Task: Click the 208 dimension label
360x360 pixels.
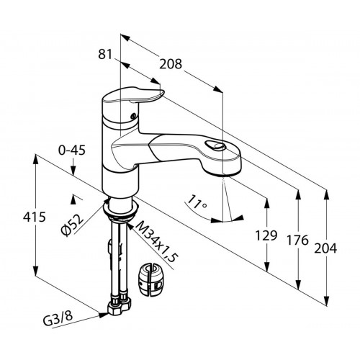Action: [171, 64]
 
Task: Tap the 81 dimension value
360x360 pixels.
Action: [105, 54]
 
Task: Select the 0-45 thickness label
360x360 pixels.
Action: [72, 150]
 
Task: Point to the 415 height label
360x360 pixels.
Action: [35, 217]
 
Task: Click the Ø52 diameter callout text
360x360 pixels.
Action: [73, 225]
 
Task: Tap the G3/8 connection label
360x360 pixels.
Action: [58, 320]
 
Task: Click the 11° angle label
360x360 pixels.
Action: [197, 202]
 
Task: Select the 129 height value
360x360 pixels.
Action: [266, 235]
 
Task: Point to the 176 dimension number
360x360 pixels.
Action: [297, 240]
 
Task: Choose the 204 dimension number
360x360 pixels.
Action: [325, 248]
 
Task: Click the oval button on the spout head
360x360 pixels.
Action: [215, 145]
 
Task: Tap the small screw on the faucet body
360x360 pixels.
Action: [132, 116]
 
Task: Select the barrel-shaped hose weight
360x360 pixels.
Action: [151, 279]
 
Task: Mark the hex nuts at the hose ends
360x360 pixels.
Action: [120, 307]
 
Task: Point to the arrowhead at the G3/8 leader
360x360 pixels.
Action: [104, 315]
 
